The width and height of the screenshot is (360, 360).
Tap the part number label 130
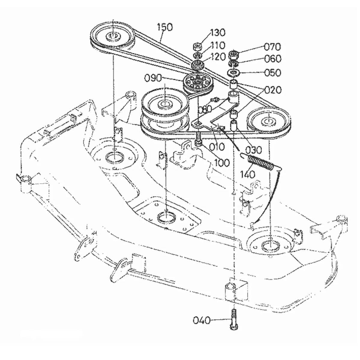click(218, 33)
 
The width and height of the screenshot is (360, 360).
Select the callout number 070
click(272, 47)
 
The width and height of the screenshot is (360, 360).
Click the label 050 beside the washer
click(273, 73)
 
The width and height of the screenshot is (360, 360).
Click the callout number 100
click(222, 163)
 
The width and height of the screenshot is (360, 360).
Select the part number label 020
click(273, 90)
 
